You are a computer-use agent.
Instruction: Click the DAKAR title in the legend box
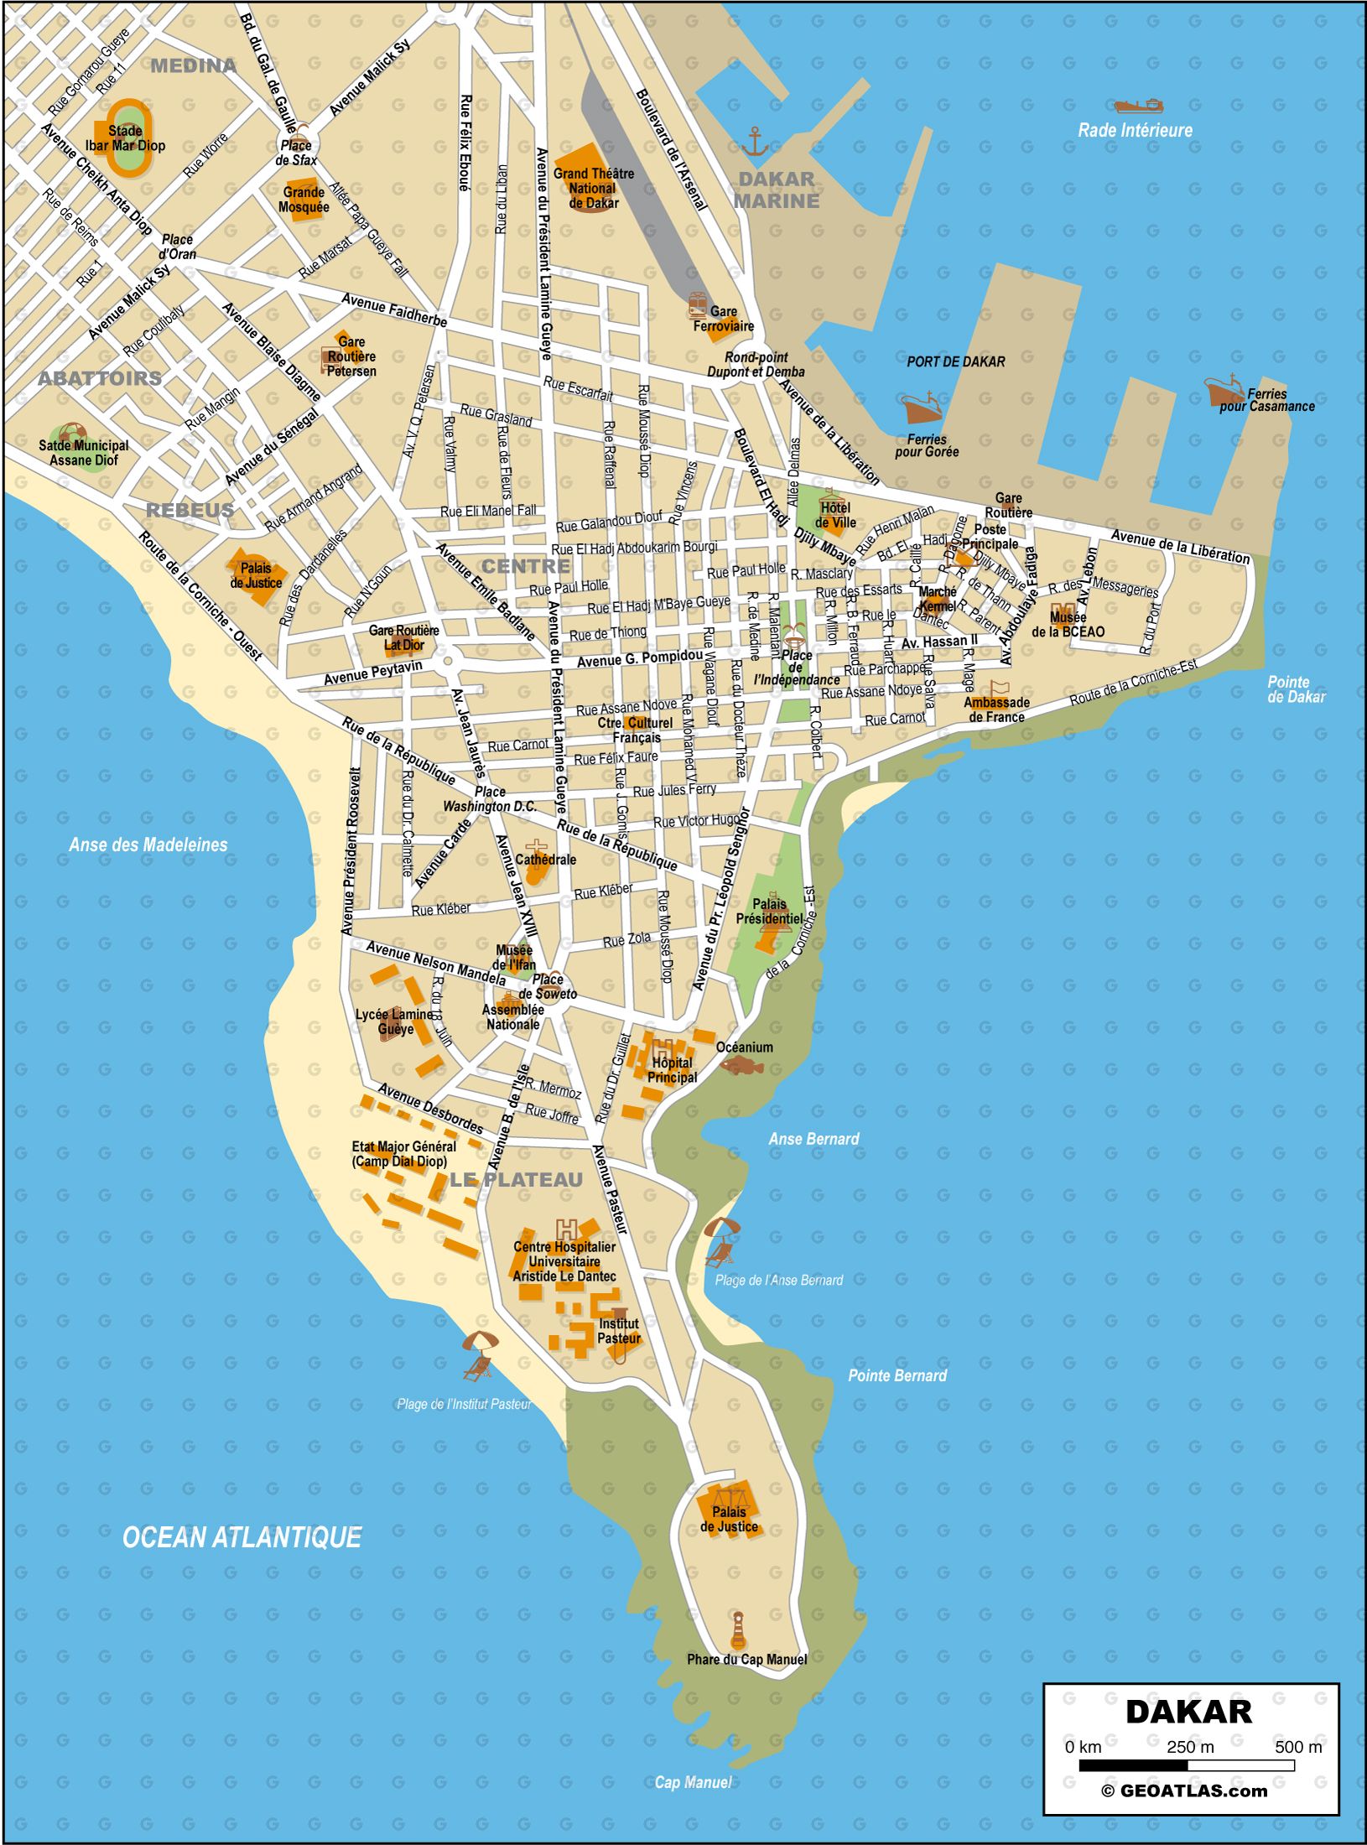[1188, 1712]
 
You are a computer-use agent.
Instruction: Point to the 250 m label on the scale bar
[1189, 1747]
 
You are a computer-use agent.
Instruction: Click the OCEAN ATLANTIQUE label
[242, 1537]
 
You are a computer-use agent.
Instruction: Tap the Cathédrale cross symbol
[535, 848]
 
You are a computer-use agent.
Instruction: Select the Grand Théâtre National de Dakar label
[593, 188]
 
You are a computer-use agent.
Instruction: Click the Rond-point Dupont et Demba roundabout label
[755, 364]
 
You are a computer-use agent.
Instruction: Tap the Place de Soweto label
[548, 986]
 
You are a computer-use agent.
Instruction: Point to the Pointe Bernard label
[897, 1375]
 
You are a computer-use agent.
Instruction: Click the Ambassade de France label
[996, 709]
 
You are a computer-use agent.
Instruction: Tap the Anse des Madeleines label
[148, 845]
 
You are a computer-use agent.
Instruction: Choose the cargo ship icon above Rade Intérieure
[1138, 106]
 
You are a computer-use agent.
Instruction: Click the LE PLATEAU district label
[516, 1179]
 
